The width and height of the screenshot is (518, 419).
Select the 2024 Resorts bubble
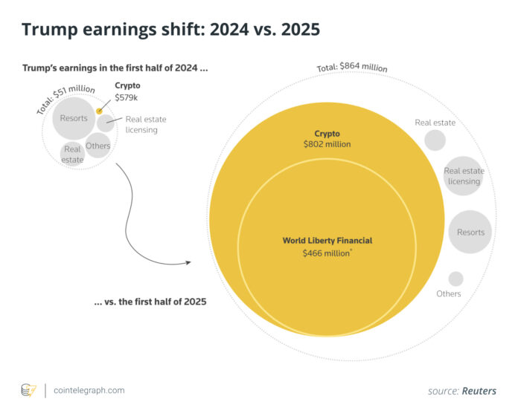coord(74,118)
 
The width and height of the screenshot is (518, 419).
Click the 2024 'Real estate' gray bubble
coord(72,154)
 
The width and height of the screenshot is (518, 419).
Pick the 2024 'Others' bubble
coord(97,146)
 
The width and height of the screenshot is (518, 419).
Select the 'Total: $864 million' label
coord(353,67)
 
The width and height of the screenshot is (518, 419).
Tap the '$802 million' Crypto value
coord(327,144)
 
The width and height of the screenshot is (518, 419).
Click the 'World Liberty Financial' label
coord(327,241)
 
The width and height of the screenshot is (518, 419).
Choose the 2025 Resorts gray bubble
coord(470,232)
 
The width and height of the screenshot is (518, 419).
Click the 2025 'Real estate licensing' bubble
coord(464,176)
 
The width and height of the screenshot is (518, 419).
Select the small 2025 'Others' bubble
coord(455,279)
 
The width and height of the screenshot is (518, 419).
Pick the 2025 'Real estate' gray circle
coord(435,140)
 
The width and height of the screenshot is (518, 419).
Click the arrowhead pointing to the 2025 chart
coord(188,262)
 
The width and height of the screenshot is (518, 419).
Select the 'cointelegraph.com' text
coord(89,390)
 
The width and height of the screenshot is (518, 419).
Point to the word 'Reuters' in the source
coord(479,391)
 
